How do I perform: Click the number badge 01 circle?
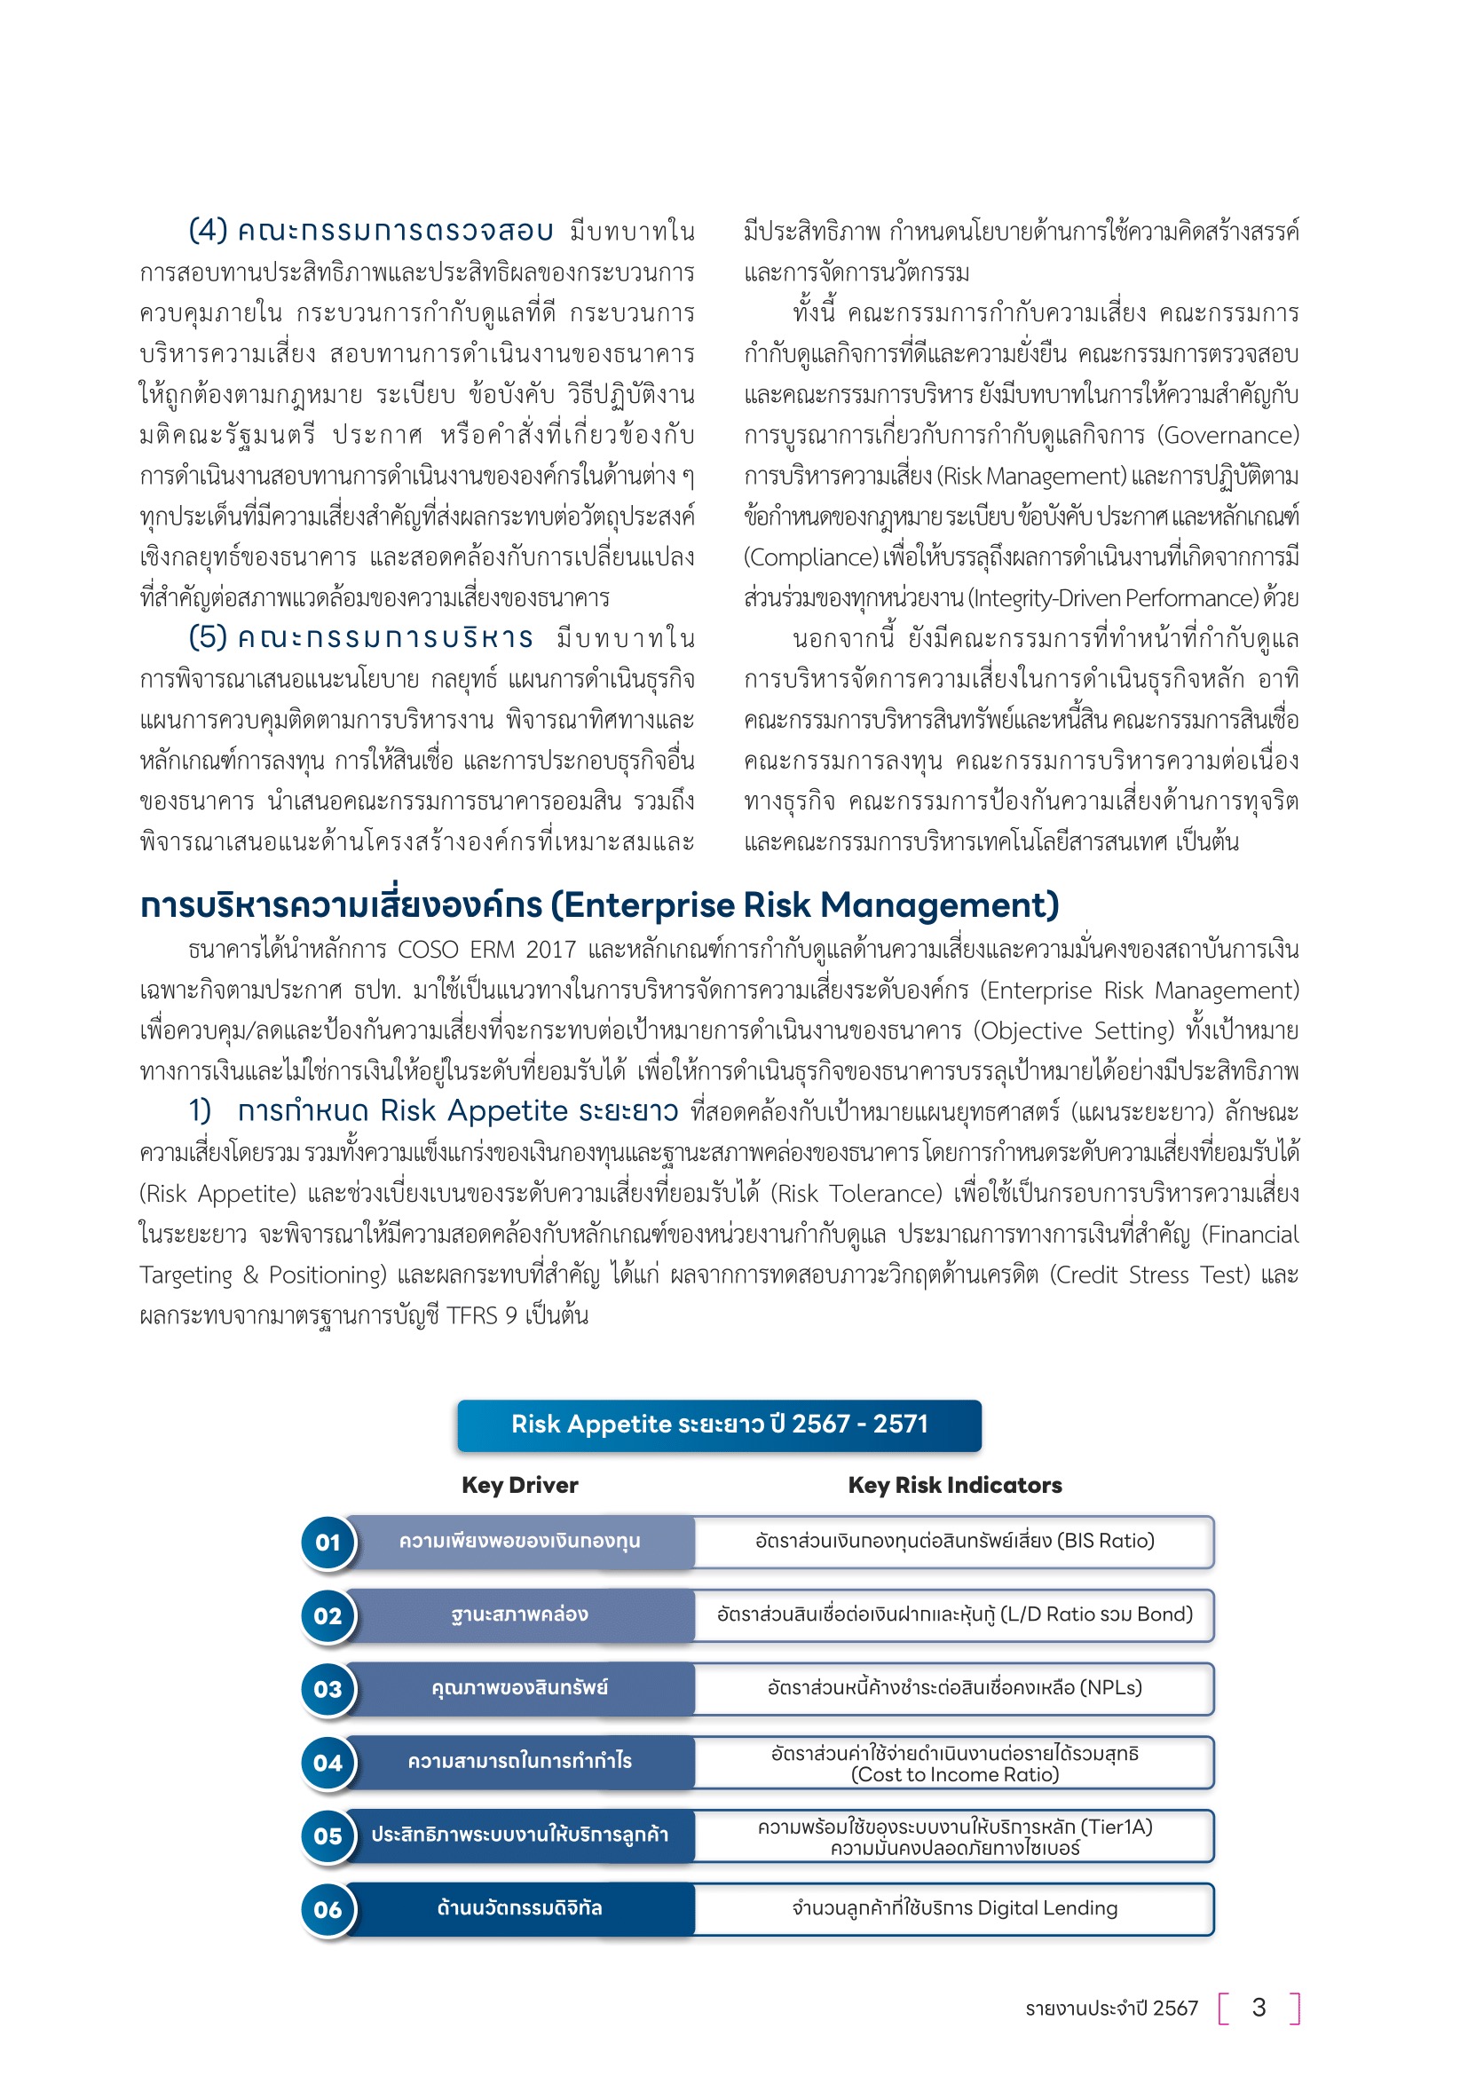(x=328, y=1543)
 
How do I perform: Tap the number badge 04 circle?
(x=328, y=1763)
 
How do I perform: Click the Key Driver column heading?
(x=520, y=1485)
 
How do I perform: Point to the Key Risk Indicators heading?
(x=955, y=1485)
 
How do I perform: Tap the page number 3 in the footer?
(x=1259, y=2008)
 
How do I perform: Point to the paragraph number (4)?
(x=208, y=231)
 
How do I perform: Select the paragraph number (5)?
(x=208, y=637)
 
